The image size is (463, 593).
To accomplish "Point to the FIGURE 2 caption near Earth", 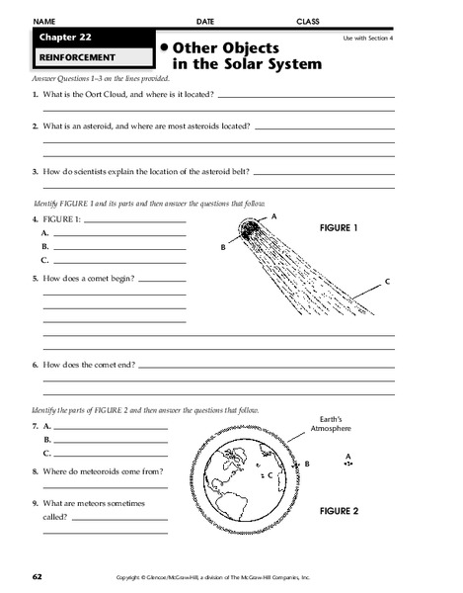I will [340, 511].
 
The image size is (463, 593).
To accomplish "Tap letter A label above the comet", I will [273, 214].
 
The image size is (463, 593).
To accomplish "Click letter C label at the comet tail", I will [387, 283].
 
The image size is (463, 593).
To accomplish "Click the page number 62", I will [37, 575].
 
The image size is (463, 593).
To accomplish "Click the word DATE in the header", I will [204, 21].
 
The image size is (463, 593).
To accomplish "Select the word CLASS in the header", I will [309, 21].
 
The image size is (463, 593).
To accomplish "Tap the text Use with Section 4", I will [366, 38].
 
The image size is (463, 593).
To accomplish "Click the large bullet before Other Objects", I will [163, 46].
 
